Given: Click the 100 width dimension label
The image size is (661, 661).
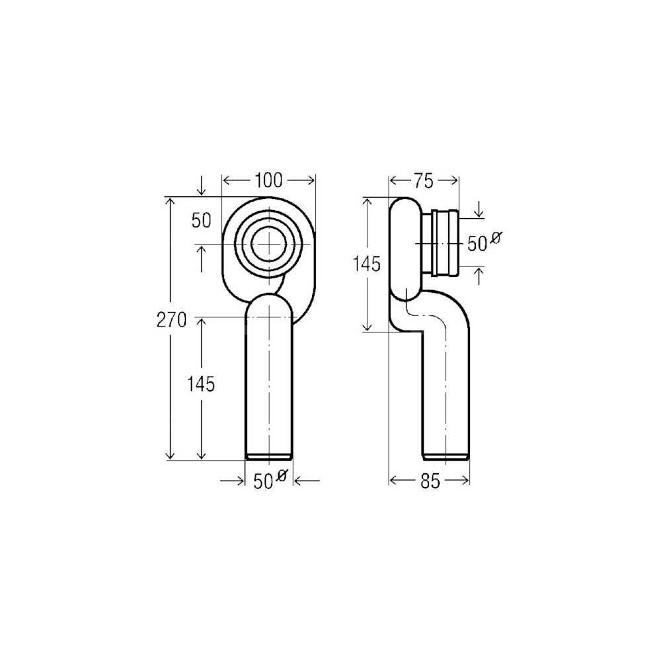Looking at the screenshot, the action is [x=268, y=180].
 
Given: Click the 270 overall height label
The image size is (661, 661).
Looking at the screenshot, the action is [x=171, y=321].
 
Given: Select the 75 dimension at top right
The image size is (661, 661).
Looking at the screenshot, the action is [x=423, y=181].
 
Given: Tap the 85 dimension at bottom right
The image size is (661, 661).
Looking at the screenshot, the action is [x=430, y=481].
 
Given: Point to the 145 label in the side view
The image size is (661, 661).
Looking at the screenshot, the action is [x=366, y=264].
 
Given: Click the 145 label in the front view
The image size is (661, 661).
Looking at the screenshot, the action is [x=201, y=385].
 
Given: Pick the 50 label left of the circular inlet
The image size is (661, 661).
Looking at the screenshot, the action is [x=201, y=221].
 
